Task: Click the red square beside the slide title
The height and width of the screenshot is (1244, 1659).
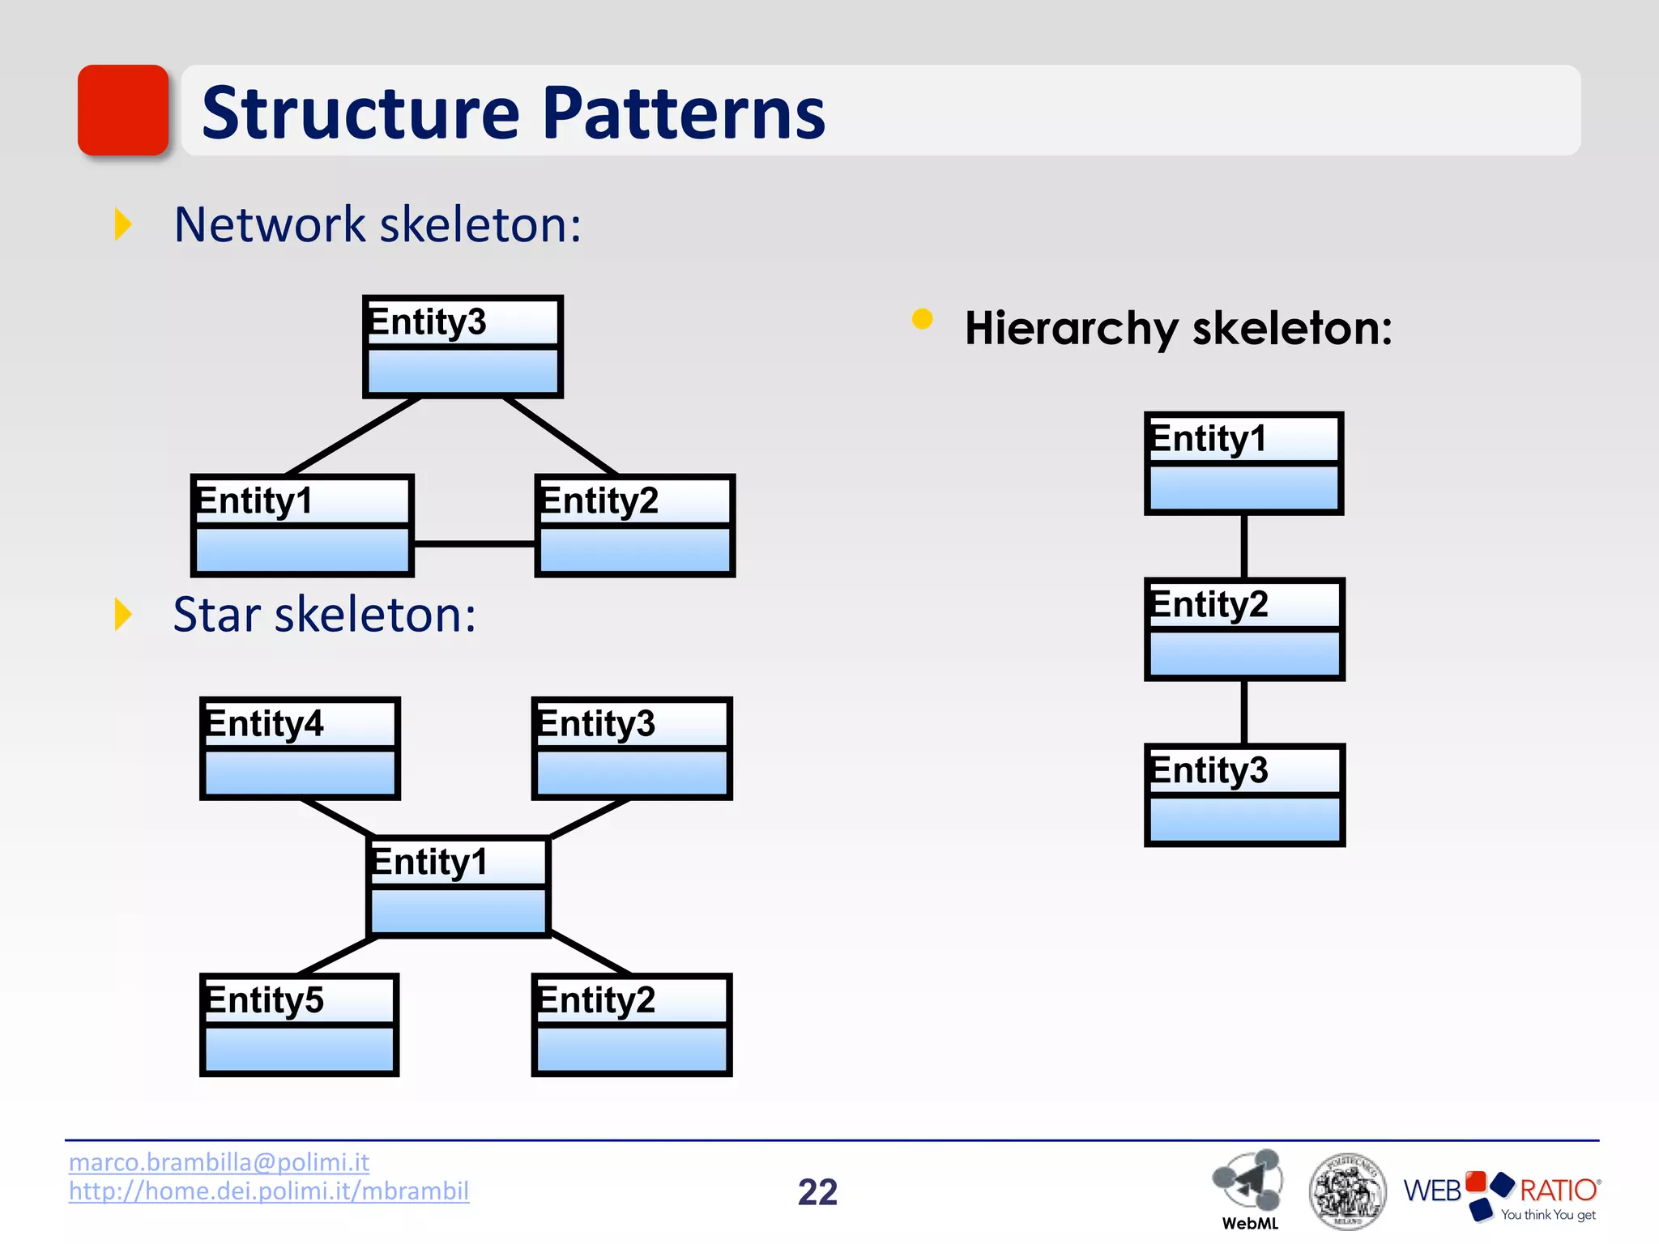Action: (x=123, y=110)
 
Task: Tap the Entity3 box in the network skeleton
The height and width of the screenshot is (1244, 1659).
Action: (x=463, y=347)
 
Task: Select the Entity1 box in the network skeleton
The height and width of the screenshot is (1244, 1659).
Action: (x=302, y=526)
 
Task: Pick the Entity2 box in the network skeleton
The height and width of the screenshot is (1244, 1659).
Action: (x=635, y=526)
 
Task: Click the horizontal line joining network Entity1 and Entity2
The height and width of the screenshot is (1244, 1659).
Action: (x=474, y=543)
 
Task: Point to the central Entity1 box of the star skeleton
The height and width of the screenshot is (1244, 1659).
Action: (x=458, y=887)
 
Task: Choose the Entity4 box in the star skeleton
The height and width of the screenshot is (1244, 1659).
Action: (x=300, y=748)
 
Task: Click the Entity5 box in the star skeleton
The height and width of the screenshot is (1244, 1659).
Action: (x=300, y=1025)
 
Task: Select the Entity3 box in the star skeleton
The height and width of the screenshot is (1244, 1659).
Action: (x=632, y=748)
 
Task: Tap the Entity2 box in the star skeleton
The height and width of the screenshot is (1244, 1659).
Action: (x=632, y=1025)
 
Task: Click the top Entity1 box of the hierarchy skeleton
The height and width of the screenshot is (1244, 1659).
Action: (x=1244, y=463)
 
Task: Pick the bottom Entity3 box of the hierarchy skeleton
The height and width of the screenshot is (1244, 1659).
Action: (x=1244, y=795)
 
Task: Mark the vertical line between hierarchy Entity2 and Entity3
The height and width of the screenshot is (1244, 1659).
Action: (x=1244, y=712)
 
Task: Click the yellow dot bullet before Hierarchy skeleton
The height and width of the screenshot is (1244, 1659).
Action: (x=922, y=319)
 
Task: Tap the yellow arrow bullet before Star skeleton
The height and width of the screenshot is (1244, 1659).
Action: (x=123, y=614)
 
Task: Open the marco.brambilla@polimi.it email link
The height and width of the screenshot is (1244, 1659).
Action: (x=219, y=1162)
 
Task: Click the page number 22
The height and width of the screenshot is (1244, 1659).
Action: (x=817, y=1192)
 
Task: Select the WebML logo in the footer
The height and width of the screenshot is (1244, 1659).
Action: (x=1248, y=1186)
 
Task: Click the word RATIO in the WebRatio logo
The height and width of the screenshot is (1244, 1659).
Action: (x=1558, y=1191)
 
